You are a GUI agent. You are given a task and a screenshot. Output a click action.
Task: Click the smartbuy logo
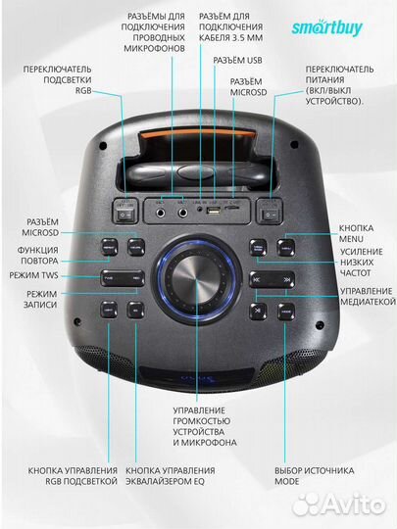pyautogui.click(x=327, y=28)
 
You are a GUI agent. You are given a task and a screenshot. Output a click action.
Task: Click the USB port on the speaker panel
pyautogui.click(x=214, y=212)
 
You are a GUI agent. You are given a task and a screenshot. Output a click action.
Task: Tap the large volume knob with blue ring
pyautogui.click(x=197, y=279)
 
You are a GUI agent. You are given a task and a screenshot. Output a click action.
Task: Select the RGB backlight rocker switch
pyautogui.click(x=124, y=215)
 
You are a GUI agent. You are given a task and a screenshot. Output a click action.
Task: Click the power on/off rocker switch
pyautogui.click(x=271, y=215)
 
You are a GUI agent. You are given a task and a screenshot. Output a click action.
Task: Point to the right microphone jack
pyautogui.click(x=183, y=213)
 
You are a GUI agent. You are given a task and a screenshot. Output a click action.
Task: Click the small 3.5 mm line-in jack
pyautogui.click(x=201, y=210)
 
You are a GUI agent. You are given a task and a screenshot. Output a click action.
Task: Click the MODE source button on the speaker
pyautogui.click(x=286, y=312)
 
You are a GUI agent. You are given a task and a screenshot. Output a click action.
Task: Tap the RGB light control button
pyautogui.click(x=109, y=310)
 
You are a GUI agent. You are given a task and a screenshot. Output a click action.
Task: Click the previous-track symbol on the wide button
pyautogui.click(x=257, y=280)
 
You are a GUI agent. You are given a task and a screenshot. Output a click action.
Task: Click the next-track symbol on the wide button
pyautogui.click(x=287, y=280)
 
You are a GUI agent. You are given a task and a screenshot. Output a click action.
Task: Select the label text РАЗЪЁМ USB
pyautogui.click(x=237, y=61)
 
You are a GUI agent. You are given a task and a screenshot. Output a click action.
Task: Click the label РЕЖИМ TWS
pyautogui.click(x=33, y=275)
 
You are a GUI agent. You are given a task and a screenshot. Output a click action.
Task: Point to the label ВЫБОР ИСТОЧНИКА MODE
pyautogui.click(x=315, y=476)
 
